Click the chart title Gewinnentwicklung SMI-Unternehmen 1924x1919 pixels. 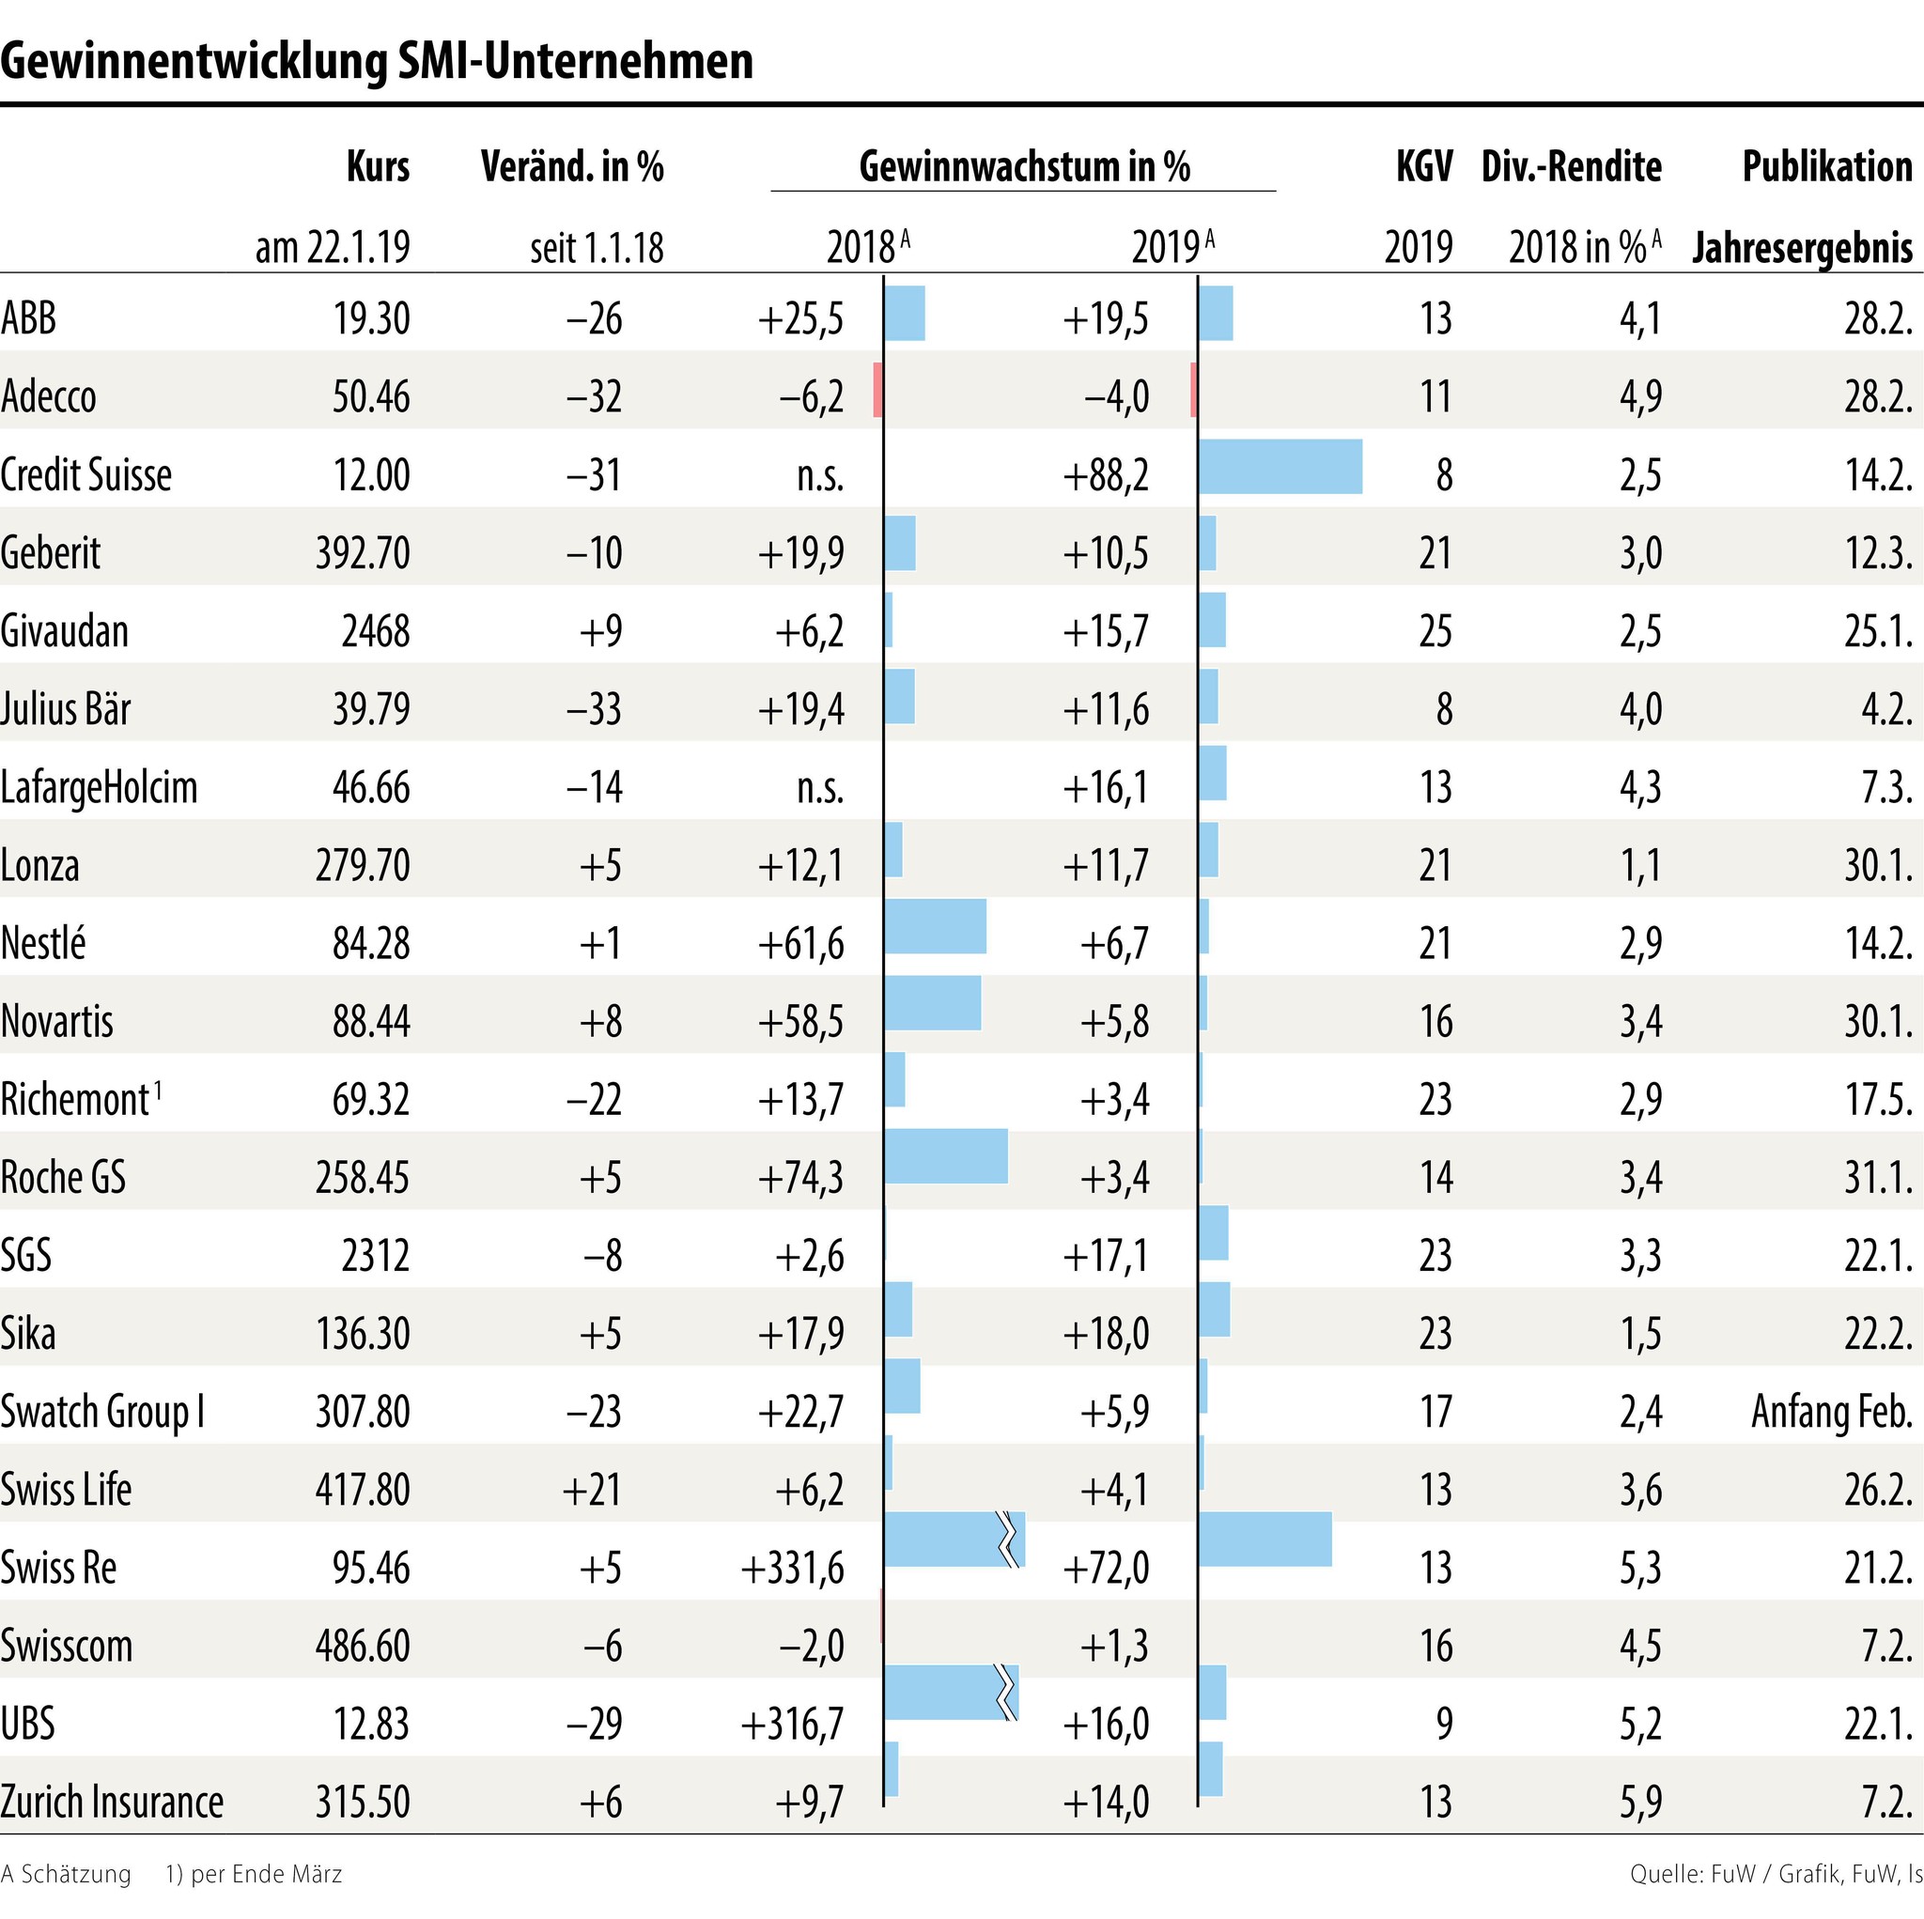click(x=377, y=62)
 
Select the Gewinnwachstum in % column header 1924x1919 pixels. click(x=1024, y=166)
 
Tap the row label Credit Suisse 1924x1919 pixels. click(x=86, y=475)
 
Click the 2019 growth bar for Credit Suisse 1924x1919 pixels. click(x=1280, y=466)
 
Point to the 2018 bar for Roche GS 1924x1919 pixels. click(x=946, y=1156)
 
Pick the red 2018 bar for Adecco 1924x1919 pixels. click(x=877, y=390)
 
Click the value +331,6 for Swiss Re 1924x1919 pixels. click(x=793, y=1569)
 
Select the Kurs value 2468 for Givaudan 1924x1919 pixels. click(x=376, y=631)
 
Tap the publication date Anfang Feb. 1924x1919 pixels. click(x=1831, y=1412)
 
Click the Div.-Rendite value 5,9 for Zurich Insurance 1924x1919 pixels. click(x=1640, y=1803)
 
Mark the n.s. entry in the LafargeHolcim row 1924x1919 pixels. click(x=819, y=788)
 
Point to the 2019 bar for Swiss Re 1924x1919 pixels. click(x=1265, y=1539)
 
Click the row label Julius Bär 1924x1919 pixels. click(x=66, y=709)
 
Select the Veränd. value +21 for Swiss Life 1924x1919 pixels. click(x=592, y=1490)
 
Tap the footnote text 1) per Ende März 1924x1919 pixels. click(x=254, y=1874)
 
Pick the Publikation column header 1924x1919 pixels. click(x=1826, y=166)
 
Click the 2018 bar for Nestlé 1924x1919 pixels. click(x=935, y=926)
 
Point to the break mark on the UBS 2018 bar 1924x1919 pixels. click(x=1008, y=1693)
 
